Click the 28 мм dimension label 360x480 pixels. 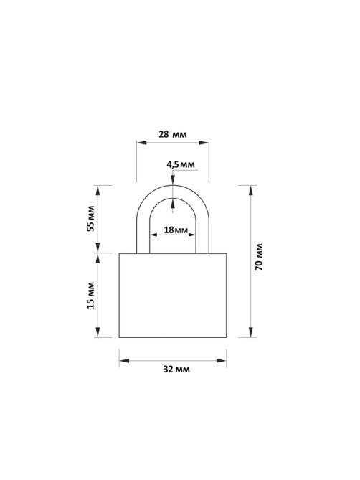(x=173, y=134)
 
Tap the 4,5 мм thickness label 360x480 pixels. (x=181, y=165)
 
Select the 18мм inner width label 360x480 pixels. (x=176, y=230)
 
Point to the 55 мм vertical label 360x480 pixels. (x=91, y=219)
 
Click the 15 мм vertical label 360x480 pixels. (x=91, y=295)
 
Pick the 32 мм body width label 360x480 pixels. (x=176, y=370)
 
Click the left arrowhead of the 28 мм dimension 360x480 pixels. (x=142, y=143)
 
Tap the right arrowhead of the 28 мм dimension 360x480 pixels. (x=204, y=143)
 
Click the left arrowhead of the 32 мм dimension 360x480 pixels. (x=124, y=361)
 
